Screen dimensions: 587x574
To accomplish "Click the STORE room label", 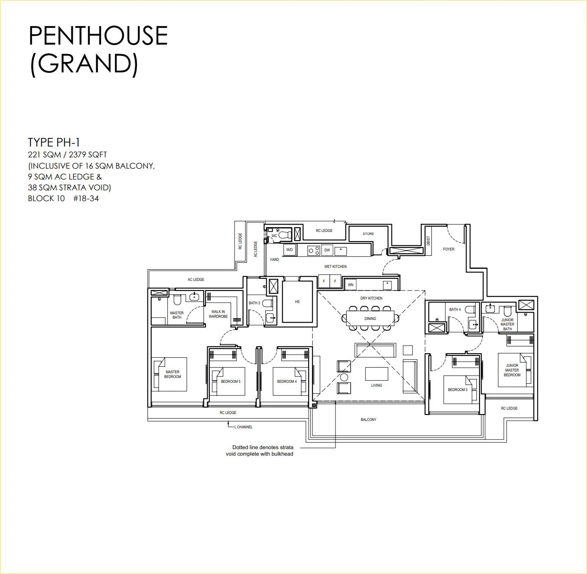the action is [368, 234].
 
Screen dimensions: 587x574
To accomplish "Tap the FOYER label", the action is [449, 249].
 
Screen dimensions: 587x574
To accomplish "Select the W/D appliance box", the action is [289, 250].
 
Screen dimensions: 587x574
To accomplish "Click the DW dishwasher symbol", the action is [327, 250].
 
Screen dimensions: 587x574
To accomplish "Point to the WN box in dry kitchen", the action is [351, 285].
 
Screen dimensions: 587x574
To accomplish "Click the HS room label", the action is [297, 302].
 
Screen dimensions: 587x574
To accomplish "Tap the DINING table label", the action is [370, 319].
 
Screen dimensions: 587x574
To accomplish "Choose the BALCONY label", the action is [369, 420].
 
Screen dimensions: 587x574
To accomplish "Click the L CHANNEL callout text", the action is [243, 427].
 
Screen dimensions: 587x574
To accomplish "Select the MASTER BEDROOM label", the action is [173, 374].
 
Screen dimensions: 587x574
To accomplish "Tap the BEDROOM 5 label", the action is [231, 382].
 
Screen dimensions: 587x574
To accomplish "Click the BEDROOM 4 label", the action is [287, 382].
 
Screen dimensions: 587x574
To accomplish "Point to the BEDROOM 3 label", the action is [458, 390].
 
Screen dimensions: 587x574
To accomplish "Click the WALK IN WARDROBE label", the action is [218, 314].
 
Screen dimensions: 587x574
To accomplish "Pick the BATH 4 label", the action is [455, 310].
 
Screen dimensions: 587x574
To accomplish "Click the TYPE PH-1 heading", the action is [54, 142].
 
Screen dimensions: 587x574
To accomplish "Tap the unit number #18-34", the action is [86, 199].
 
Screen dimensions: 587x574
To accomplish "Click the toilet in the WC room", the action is [284, 235].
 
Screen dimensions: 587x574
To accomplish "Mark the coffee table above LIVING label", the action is [376, 374].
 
